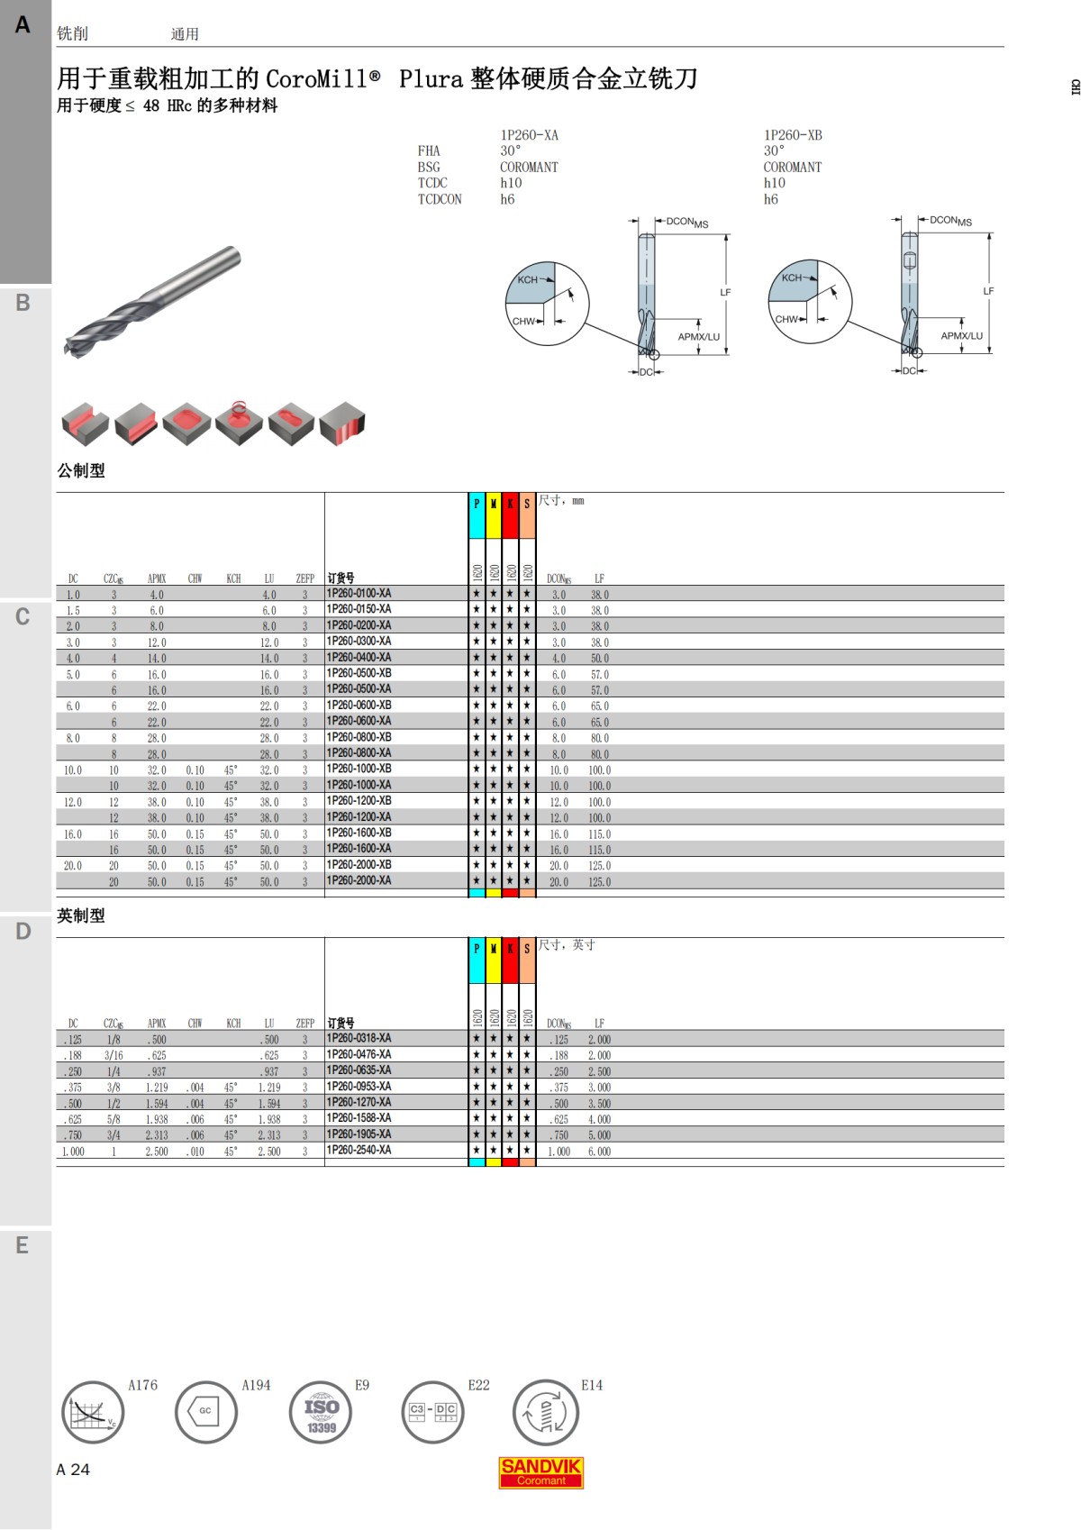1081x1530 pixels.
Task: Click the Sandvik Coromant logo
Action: coord(540,1472)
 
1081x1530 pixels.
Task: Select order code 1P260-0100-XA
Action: coord(359,593)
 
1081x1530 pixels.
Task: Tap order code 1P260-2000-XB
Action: coord(359,864)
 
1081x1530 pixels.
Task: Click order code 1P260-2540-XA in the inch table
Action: coord(359,1150)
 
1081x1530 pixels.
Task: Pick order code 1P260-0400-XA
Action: coord(359,657)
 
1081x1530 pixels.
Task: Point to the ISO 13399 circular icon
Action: coord(321,1413)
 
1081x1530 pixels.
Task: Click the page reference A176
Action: coord(142,1385)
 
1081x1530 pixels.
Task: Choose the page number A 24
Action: coord(73,1470)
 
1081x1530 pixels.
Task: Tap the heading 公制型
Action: coord(80,470)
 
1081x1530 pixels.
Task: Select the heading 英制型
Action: coord(80,915)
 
